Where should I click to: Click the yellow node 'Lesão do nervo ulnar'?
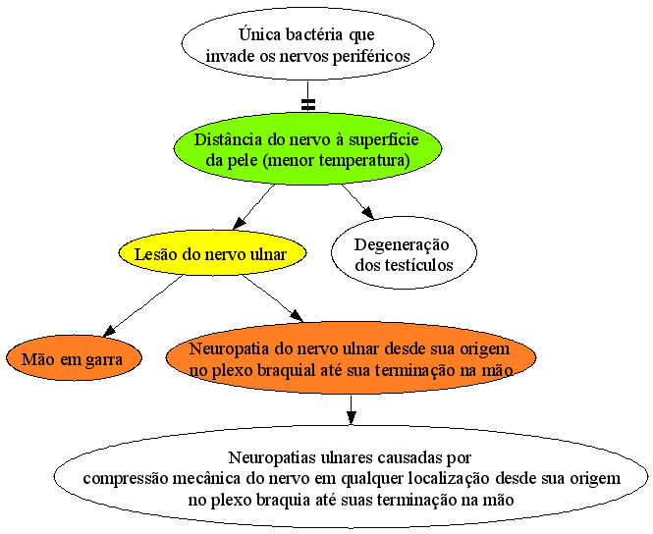(x=212, y=253)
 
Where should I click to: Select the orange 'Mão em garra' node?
(x=74, y=358)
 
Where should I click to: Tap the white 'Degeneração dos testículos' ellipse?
(x=404, y=252)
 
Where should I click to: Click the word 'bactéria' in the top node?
(x=315, y=34)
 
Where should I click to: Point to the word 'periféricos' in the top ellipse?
(x=371, y=56)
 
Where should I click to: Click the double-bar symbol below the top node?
(x=308, y=104)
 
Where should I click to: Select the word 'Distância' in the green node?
(x=229, y=139)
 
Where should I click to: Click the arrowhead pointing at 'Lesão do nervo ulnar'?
(x=239, y=224)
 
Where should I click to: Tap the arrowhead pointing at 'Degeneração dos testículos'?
(x=367, y=213)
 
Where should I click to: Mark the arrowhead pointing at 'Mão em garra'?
(x=109, y=331)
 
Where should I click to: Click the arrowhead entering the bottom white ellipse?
(x=352, y=417)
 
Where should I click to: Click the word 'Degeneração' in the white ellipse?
(x=402, y=245)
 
